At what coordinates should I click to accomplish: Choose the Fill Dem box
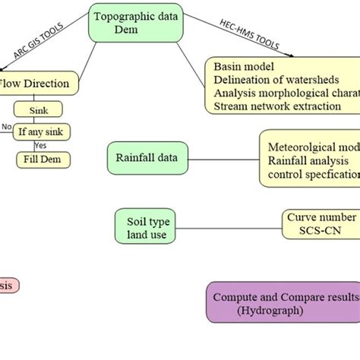tap(44, 160)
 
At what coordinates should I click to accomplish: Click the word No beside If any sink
tap(7, 127)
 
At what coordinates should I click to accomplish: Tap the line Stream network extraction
tap(277, 106)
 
